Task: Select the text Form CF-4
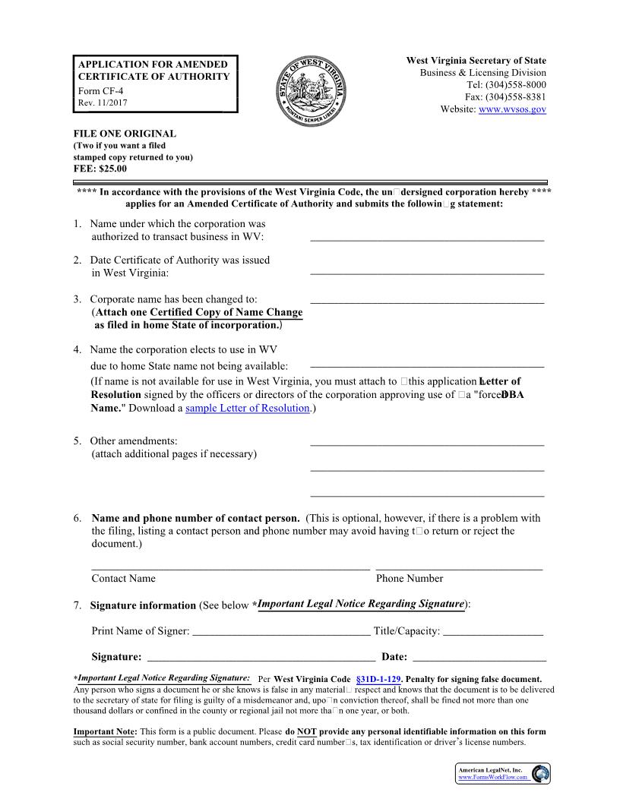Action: (x=100, y=90)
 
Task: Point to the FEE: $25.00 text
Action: (x=100, y=169)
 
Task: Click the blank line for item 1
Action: (x=427, y=239)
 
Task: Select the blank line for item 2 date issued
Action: (x=427, y=273)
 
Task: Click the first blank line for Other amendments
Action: (x=427, y=444)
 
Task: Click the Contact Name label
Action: (x=123, y=579)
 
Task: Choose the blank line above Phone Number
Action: (x=459, y=569)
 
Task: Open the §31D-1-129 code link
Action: (x=378, y=679)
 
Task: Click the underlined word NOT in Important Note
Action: (x=306, y=732)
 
